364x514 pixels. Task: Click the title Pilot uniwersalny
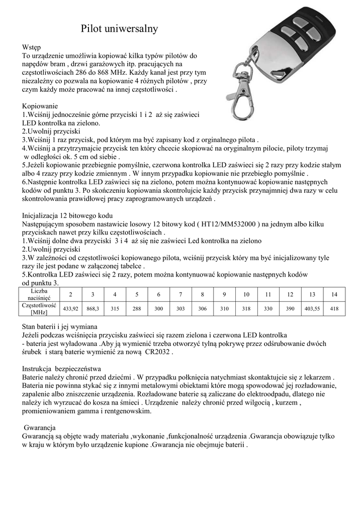pos(120,29)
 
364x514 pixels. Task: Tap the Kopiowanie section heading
pos(40,106)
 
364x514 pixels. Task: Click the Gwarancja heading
pos(39,428)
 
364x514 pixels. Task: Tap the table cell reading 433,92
pos(69,308)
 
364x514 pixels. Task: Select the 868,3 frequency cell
pos(93,308)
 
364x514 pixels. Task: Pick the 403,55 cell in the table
pos(312,308)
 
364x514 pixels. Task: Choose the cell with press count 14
pos(334,294)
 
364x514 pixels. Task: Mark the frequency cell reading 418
pos(334,308)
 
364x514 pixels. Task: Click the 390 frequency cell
pos(290,308)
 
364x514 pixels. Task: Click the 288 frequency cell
pos(136,308)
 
